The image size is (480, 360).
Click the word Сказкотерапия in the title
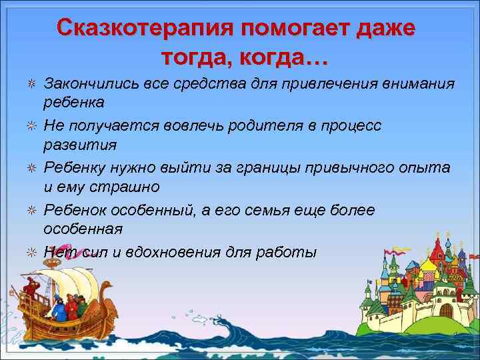tap(143, 28)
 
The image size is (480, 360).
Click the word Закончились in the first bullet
tap(87, 84)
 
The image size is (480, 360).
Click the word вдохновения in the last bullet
tap(168, 252)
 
